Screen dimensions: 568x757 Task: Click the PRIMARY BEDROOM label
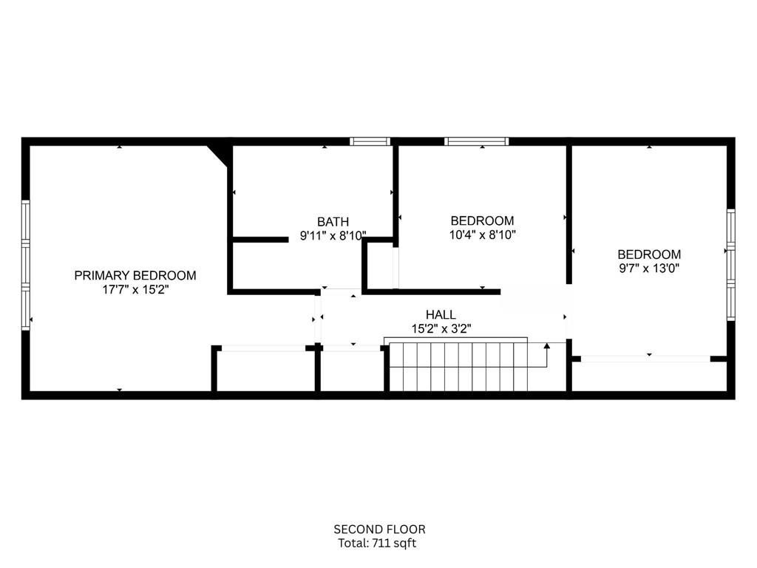135,275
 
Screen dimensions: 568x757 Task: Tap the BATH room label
333,221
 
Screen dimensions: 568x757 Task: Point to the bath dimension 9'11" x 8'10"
333,236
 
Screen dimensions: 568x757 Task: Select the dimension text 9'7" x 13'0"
648,268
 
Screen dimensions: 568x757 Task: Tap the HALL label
440,314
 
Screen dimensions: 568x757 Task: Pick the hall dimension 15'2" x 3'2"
440,328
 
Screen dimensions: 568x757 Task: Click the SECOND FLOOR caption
379,529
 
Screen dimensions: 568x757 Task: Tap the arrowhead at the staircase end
546,346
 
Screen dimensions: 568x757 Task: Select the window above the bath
370,141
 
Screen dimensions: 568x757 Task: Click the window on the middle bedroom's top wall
476,141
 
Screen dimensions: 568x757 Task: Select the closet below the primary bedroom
264,370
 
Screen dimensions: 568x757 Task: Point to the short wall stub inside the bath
259,240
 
